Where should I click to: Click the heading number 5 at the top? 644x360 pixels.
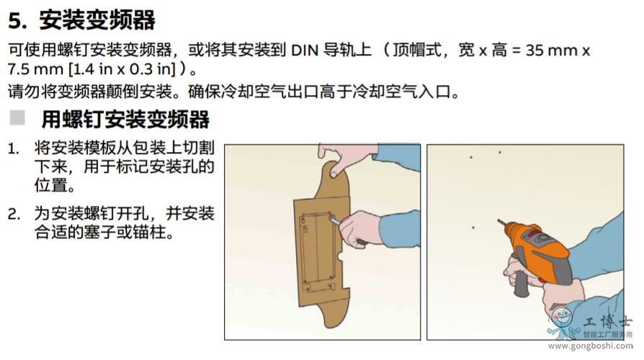(x=16, y=20)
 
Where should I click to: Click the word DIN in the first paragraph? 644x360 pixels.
(x=305, y=50)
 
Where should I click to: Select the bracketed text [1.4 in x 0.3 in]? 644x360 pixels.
(x=122, y=69)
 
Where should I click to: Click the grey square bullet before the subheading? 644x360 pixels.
(x=17, y=117)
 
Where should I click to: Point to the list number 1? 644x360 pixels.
(x=14, y=148)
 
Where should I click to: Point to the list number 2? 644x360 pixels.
(x=14, y=214)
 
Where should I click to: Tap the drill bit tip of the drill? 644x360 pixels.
(x=498, y=220)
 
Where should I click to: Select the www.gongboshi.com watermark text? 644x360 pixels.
(x=591, y=346)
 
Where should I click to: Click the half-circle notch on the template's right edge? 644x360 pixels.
(x=341, y=257)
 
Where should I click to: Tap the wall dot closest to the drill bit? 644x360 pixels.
(x=473, y=228)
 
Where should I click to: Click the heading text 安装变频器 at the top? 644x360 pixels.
(x=97, y=20)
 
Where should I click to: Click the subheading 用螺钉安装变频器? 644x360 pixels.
(x=125, y=119)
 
